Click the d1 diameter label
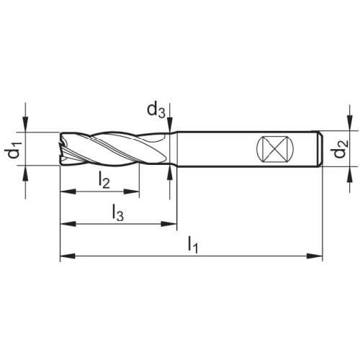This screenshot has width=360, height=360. tap(14, 150)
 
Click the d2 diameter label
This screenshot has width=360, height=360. tap(341, 149)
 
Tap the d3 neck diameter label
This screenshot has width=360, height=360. tap(156, 110)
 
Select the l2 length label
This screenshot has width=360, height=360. tap(104, 181)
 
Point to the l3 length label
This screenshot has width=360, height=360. tap(118, 212)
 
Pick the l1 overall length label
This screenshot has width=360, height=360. tap(193, 245)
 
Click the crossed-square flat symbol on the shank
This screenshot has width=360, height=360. tap(275, 149)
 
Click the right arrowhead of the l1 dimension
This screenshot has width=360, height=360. tap(315, 256)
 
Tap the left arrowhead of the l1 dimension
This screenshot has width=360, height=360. tap(68, 256)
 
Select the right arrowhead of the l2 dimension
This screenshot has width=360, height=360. tap(132, 192)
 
